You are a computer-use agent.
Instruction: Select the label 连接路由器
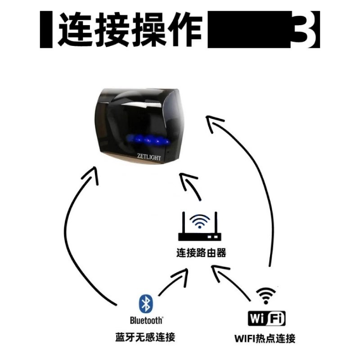pos(201,253)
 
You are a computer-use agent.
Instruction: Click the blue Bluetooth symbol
pos(145,304)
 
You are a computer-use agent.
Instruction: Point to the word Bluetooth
pos(146,320)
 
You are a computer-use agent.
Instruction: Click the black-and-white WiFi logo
pos(266,319)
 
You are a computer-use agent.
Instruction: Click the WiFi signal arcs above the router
pos(200,220)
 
